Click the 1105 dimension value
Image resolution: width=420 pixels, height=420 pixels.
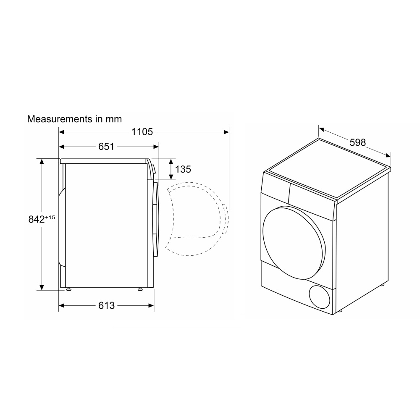coord(142,132)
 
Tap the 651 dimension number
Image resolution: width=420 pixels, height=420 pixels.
coord(106,147)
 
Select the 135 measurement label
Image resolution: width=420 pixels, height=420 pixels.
coord(183,169)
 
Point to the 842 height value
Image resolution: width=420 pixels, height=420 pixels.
coord(37,219)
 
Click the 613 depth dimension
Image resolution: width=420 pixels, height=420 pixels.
coord(106,305)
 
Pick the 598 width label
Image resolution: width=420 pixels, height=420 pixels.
coord(357,142)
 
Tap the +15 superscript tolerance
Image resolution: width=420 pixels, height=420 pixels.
coord(50,217)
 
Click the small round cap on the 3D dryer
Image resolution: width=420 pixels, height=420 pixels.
coord(320,297)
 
